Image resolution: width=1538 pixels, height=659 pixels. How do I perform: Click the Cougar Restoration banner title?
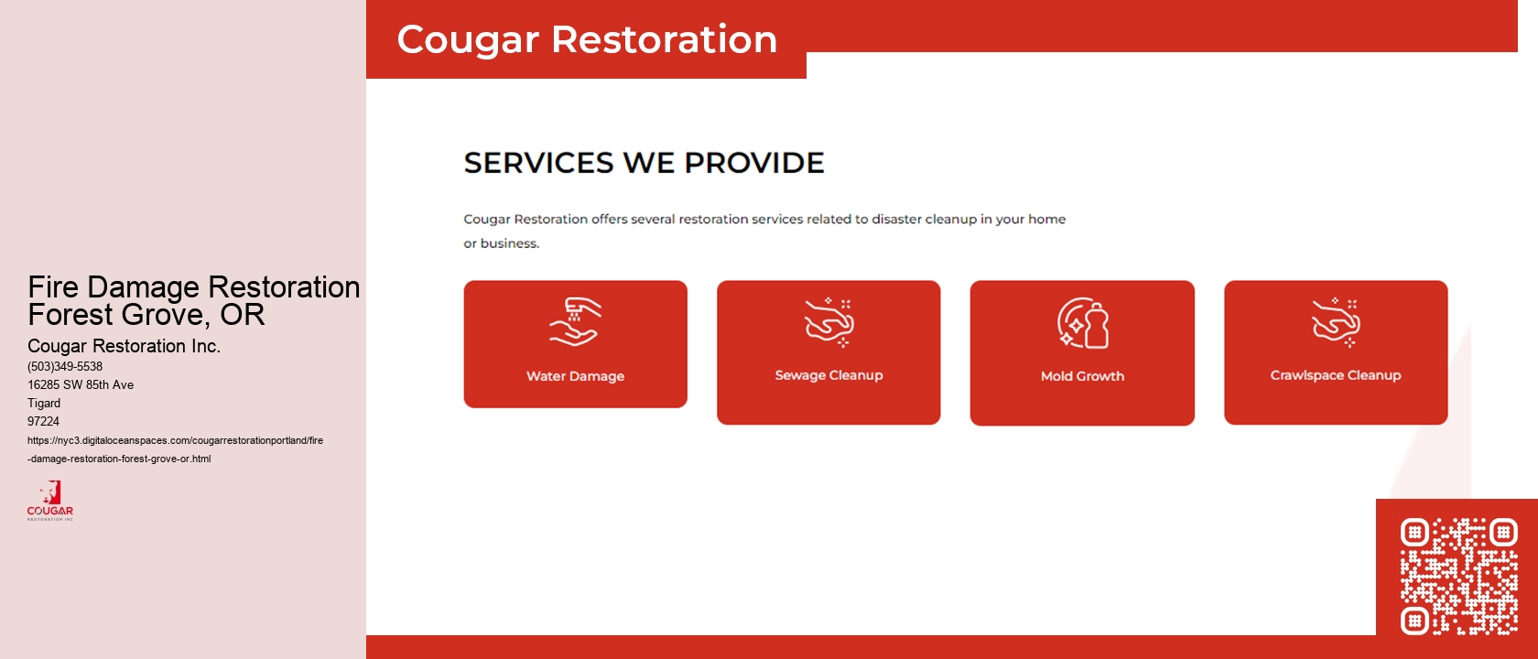click(x=587, y=40)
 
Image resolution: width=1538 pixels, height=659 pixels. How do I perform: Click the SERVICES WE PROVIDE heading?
click(x=644, y=163)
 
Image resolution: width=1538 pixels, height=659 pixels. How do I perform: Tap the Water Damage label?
click(x=575, y=376)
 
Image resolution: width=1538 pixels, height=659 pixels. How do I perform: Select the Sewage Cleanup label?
click(x=829, y=375)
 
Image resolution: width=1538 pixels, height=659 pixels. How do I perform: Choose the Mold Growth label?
click(x=1082, y=376)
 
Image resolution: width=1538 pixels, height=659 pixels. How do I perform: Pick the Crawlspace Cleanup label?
click(x=1335, y=375)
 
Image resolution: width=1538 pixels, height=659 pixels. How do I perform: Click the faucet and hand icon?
click(x=574, y=322)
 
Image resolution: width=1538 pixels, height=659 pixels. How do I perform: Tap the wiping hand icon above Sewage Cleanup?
click(x=829, y=322)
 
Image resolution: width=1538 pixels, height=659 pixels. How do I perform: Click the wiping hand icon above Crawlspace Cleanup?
click(x=1336, y=322)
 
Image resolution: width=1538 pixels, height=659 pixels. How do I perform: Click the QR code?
click(x=1458, y=576)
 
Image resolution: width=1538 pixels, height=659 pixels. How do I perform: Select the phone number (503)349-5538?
click(x=65, y=366)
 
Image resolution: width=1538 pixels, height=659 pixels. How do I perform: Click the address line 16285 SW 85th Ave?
click(x=81, y=384)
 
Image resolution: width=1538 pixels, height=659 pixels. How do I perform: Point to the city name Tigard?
click(x=44, y=403)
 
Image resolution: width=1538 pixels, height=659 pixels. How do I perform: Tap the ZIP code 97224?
click(x=43, y=421)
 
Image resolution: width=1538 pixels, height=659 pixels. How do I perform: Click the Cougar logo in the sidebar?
click(x=50, y=501)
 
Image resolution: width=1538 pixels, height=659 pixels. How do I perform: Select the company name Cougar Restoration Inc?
click(x=124, y=346)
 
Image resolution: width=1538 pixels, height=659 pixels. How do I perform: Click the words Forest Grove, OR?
click(x=146, y=315)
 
